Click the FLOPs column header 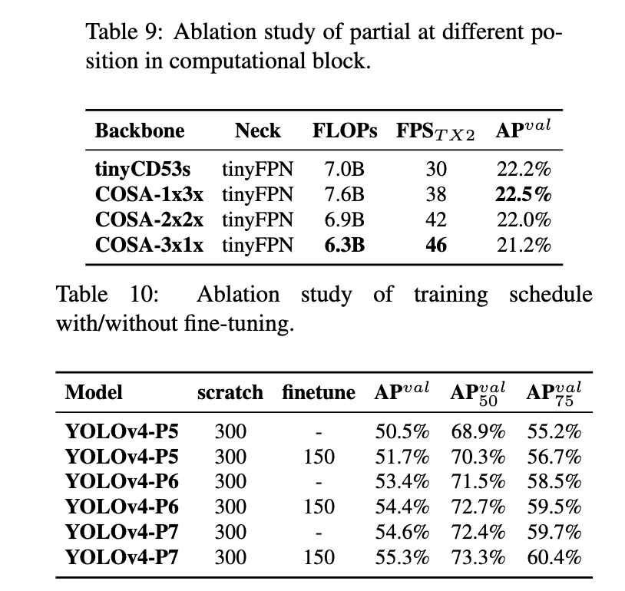point(344,130)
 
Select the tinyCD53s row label point(141,170)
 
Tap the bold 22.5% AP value point(523,195)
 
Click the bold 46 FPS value point(435,245)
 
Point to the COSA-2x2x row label point(149,220)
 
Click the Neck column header point(257,130)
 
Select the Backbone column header point(140,130)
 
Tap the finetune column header point(318,393)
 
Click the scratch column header point(230,393)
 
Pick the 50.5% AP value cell point(402,432)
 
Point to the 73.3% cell point(478,556)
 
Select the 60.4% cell point(554,556)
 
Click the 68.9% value point(478,432)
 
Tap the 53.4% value point(402,482)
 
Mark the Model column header point(94,393)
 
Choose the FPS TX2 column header point(435,131)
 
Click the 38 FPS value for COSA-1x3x point(435,195)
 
